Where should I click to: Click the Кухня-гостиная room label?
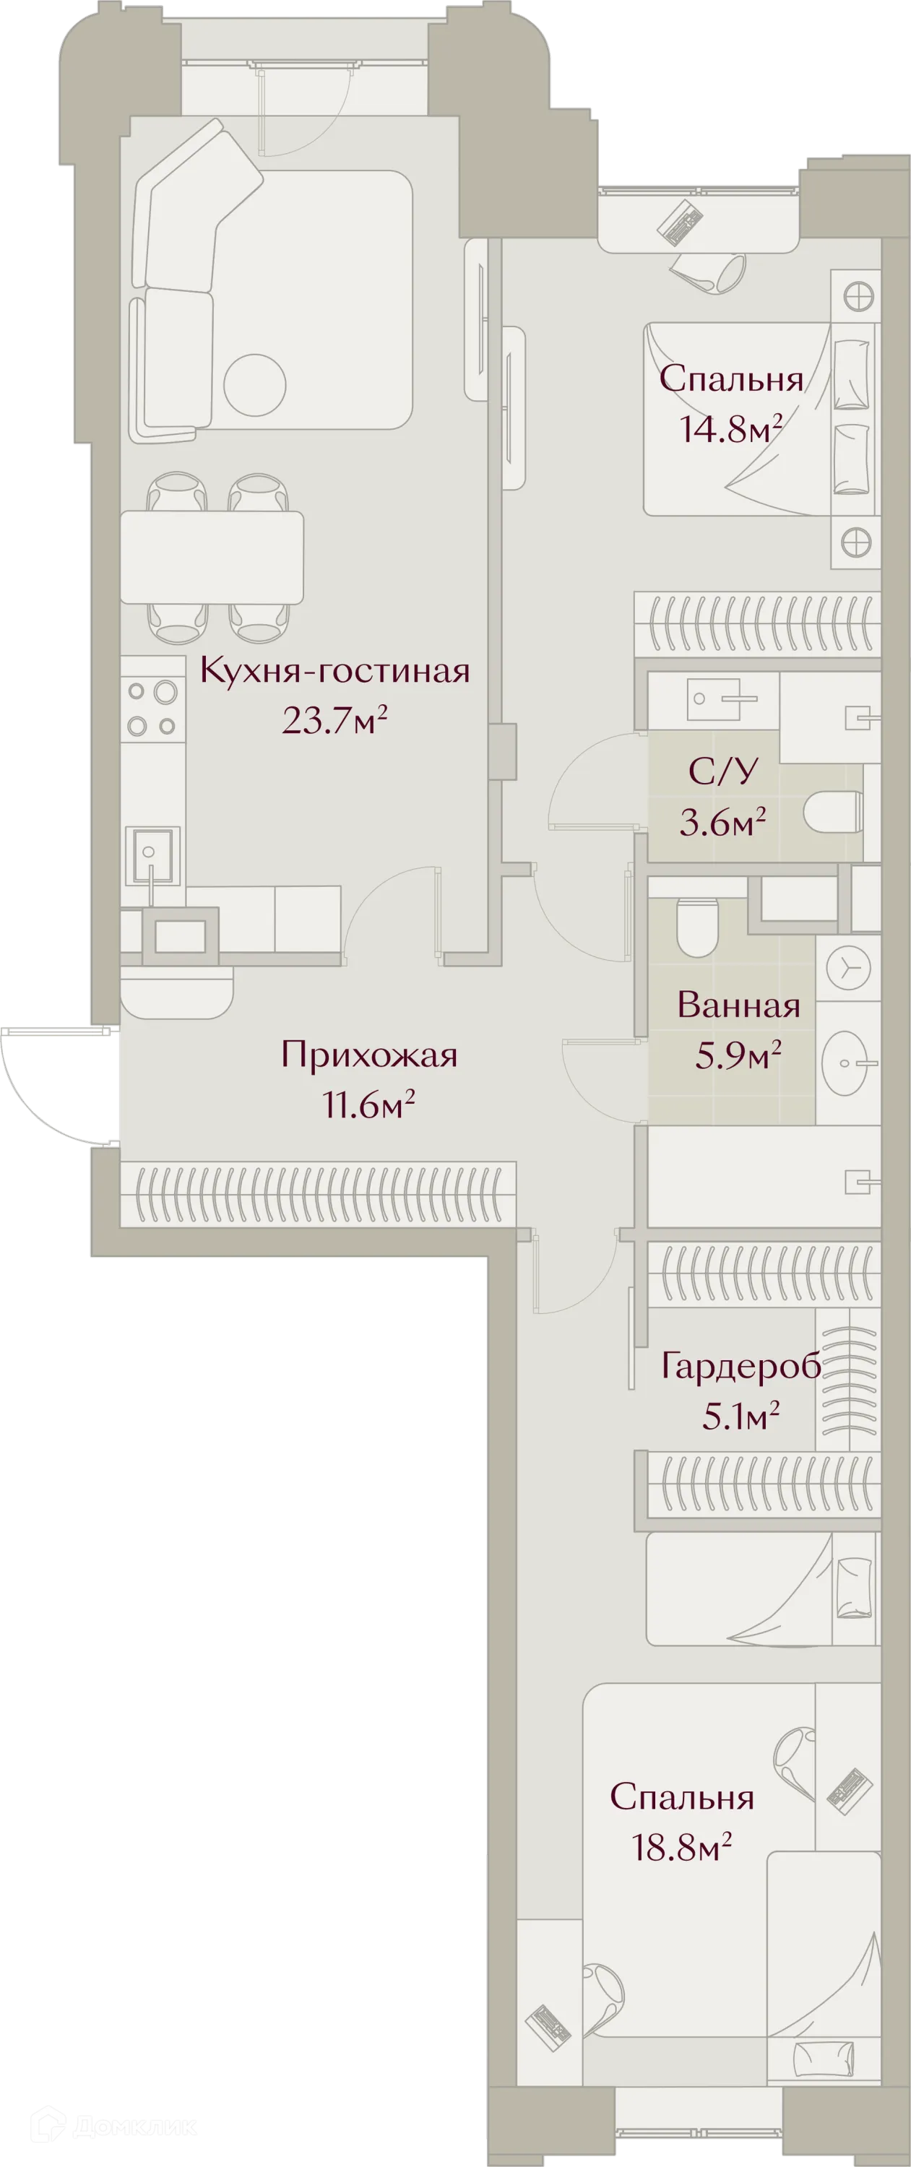(334, 671)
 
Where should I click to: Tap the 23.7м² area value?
(334, 721)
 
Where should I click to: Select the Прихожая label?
(368, 1054)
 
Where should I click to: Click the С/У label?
(722, 771)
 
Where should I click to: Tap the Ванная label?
(738, 1005)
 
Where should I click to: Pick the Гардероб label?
(741, 1366)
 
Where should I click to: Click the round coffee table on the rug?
(255, 385)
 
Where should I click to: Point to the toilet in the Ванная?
(696, 928)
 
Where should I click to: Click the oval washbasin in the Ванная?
(847, 1063)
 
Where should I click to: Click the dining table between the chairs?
(211, 557)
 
